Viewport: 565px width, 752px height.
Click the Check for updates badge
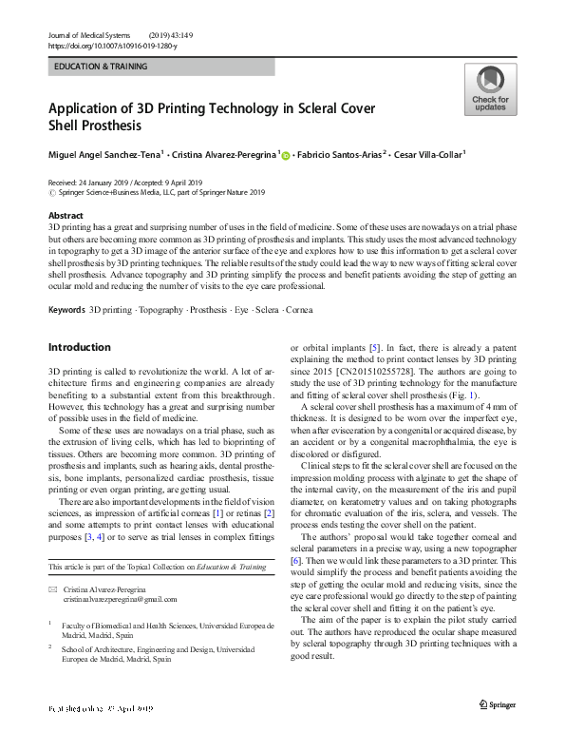[490, 89]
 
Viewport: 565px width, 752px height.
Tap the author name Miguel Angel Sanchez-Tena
[106, 154]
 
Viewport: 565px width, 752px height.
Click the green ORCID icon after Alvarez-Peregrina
[287, 155]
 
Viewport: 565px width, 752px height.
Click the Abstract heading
[66, 216]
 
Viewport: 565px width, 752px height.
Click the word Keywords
[66, 310]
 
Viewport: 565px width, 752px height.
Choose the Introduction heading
[79, 347]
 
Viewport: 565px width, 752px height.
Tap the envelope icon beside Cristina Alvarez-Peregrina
[53, 589]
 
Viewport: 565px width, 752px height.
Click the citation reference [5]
[375, 347]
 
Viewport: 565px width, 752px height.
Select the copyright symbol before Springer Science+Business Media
[51, 191]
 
